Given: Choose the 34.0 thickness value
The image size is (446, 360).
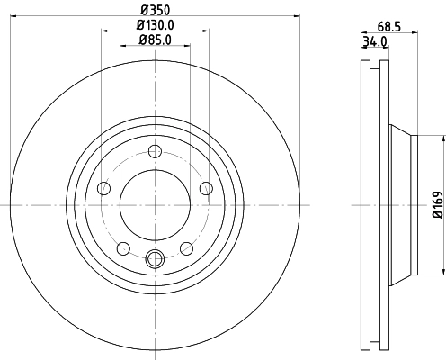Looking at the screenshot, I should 375,41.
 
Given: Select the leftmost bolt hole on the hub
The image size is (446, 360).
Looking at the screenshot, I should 103,188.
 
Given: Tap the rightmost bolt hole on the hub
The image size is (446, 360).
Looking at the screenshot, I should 206,187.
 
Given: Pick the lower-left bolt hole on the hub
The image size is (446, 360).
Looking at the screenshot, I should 123,248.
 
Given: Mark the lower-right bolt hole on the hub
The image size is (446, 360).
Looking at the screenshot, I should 186,248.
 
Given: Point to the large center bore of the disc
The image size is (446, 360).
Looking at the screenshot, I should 155,205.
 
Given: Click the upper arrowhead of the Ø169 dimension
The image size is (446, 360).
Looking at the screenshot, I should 443,140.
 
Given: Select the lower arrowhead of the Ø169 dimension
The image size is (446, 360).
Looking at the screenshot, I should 443,270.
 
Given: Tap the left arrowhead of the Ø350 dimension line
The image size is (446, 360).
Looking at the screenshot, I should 19,15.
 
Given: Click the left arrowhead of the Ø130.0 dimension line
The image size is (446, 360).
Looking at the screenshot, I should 104,31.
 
